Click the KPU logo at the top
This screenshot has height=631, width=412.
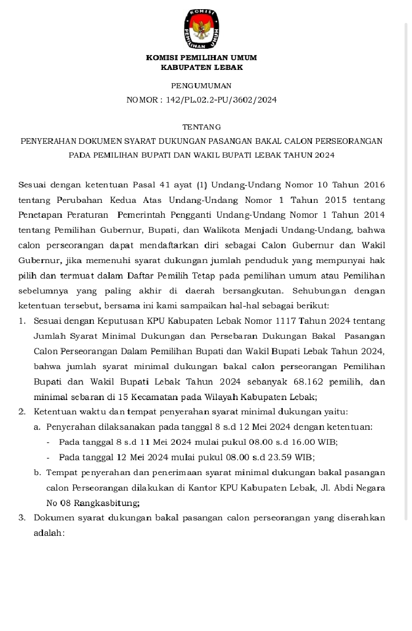point(202,29)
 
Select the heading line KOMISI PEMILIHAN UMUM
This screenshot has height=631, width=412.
point(201,58)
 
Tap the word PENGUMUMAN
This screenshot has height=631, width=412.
point(201,86)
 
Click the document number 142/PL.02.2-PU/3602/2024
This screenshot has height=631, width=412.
point(221,100)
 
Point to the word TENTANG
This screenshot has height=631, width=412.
point(201,127)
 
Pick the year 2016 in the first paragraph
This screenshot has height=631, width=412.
point(373,185)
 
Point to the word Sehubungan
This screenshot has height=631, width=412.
point(316,291)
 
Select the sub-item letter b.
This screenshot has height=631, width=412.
point(37,473)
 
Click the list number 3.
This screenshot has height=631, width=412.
point(22,518)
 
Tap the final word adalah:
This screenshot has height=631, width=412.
point(49,532)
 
